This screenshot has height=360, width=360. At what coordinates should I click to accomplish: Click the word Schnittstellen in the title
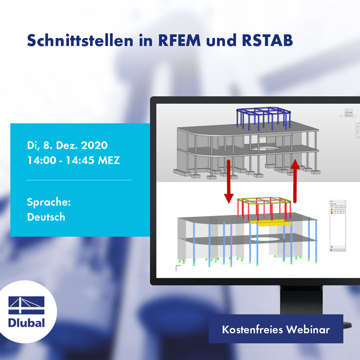coord(80,41)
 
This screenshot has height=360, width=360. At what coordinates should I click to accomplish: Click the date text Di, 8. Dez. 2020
coord(67,145)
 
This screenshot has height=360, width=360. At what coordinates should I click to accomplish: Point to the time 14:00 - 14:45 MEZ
coord(73,160)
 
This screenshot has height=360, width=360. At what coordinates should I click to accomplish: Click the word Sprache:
coord(49,202)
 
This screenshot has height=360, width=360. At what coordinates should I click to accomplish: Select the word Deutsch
coord(46,217)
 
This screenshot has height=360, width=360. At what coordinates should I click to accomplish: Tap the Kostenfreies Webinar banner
coord(276,329)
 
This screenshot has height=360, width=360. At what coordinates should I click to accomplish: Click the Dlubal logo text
coord(27,323)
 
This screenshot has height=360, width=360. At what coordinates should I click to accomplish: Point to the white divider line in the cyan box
coord(79,180)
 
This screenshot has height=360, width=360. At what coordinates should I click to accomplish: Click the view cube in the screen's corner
coord(347,114)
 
